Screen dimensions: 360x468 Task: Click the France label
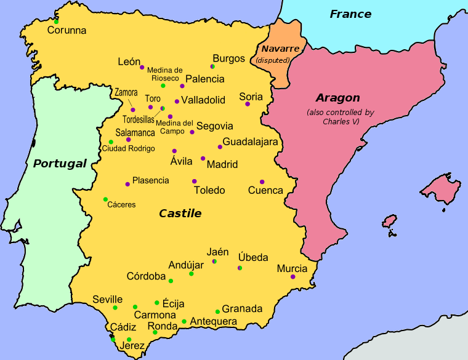[350, 14]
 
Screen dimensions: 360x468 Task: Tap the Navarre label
[280, 49]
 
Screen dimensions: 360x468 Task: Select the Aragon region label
[337, 98]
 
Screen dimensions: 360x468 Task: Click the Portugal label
[60, 164]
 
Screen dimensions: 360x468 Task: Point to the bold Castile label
[180, 214]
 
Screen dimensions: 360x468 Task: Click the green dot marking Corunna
[56, 22]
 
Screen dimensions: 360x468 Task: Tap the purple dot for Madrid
[203, 158]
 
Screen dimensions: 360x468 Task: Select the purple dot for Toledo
[194, 182]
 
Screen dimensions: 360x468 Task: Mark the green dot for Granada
[217, 311]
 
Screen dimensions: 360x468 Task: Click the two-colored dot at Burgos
[212, 66]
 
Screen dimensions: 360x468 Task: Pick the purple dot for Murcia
[292, 277]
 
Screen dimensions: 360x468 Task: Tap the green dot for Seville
[115, 307]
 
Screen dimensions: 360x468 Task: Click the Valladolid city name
[203, 100]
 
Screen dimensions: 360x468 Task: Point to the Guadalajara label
[250, 142]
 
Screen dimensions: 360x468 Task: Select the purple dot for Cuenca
[262, 182]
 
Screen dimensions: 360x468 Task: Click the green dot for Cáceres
[105, 199]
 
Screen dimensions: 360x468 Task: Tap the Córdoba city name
[146, 276]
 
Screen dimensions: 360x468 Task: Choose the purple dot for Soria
[247, 104]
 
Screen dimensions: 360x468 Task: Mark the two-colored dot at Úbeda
[240, 268]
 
